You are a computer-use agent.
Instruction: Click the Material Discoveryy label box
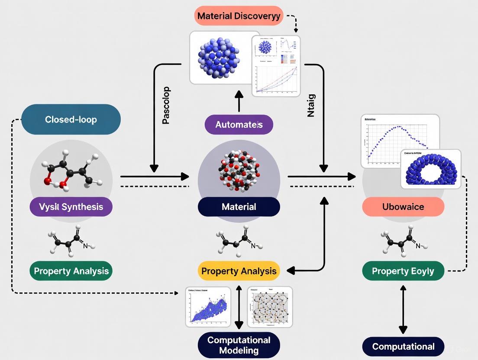point(239,16)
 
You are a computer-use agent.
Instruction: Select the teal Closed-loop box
point(71,119)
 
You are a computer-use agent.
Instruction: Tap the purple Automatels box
point(239,125)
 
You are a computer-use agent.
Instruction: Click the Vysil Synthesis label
point(71,207)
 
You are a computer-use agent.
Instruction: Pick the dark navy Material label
point(239,207)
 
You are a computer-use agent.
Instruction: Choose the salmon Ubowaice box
point(403,207)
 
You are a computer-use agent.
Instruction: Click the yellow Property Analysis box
point(239,271)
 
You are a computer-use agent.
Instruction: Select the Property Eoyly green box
point(403,271)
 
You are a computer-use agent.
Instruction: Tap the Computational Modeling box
point(239,345)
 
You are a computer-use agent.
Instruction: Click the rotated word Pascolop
point(166,106)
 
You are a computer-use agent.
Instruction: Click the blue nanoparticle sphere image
point(219,56)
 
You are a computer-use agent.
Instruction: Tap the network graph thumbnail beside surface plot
point(270,306)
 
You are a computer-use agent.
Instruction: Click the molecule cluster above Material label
point(239,171)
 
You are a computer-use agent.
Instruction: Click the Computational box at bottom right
point(403,347)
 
